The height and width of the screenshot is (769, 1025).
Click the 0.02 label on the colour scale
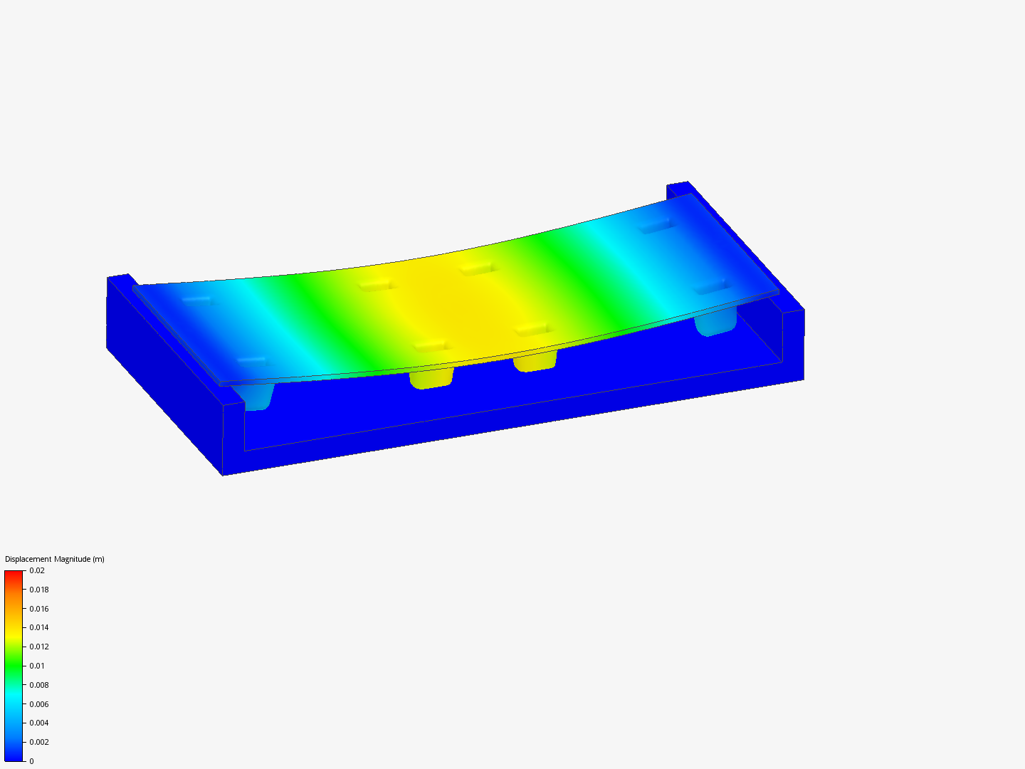tap(37, 570)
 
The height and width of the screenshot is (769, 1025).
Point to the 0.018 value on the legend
tap(38, 590)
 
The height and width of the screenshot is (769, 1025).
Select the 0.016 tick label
tap(38, 609)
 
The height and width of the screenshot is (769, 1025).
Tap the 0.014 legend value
tap(38, 627)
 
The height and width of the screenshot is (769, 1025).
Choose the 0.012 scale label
tap(38, 647)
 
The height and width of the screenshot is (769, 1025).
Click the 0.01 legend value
tap(37, 666)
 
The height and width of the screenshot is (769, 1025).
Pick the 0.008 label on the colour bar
tap(38, 685)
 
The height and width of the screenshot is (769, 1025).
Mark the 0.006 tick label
tap(38, 704)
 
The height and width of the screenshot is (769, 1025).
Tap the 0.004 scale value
tap(38, 723)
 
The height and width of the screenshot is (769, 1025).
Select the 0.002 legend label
tap(38, 742)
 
